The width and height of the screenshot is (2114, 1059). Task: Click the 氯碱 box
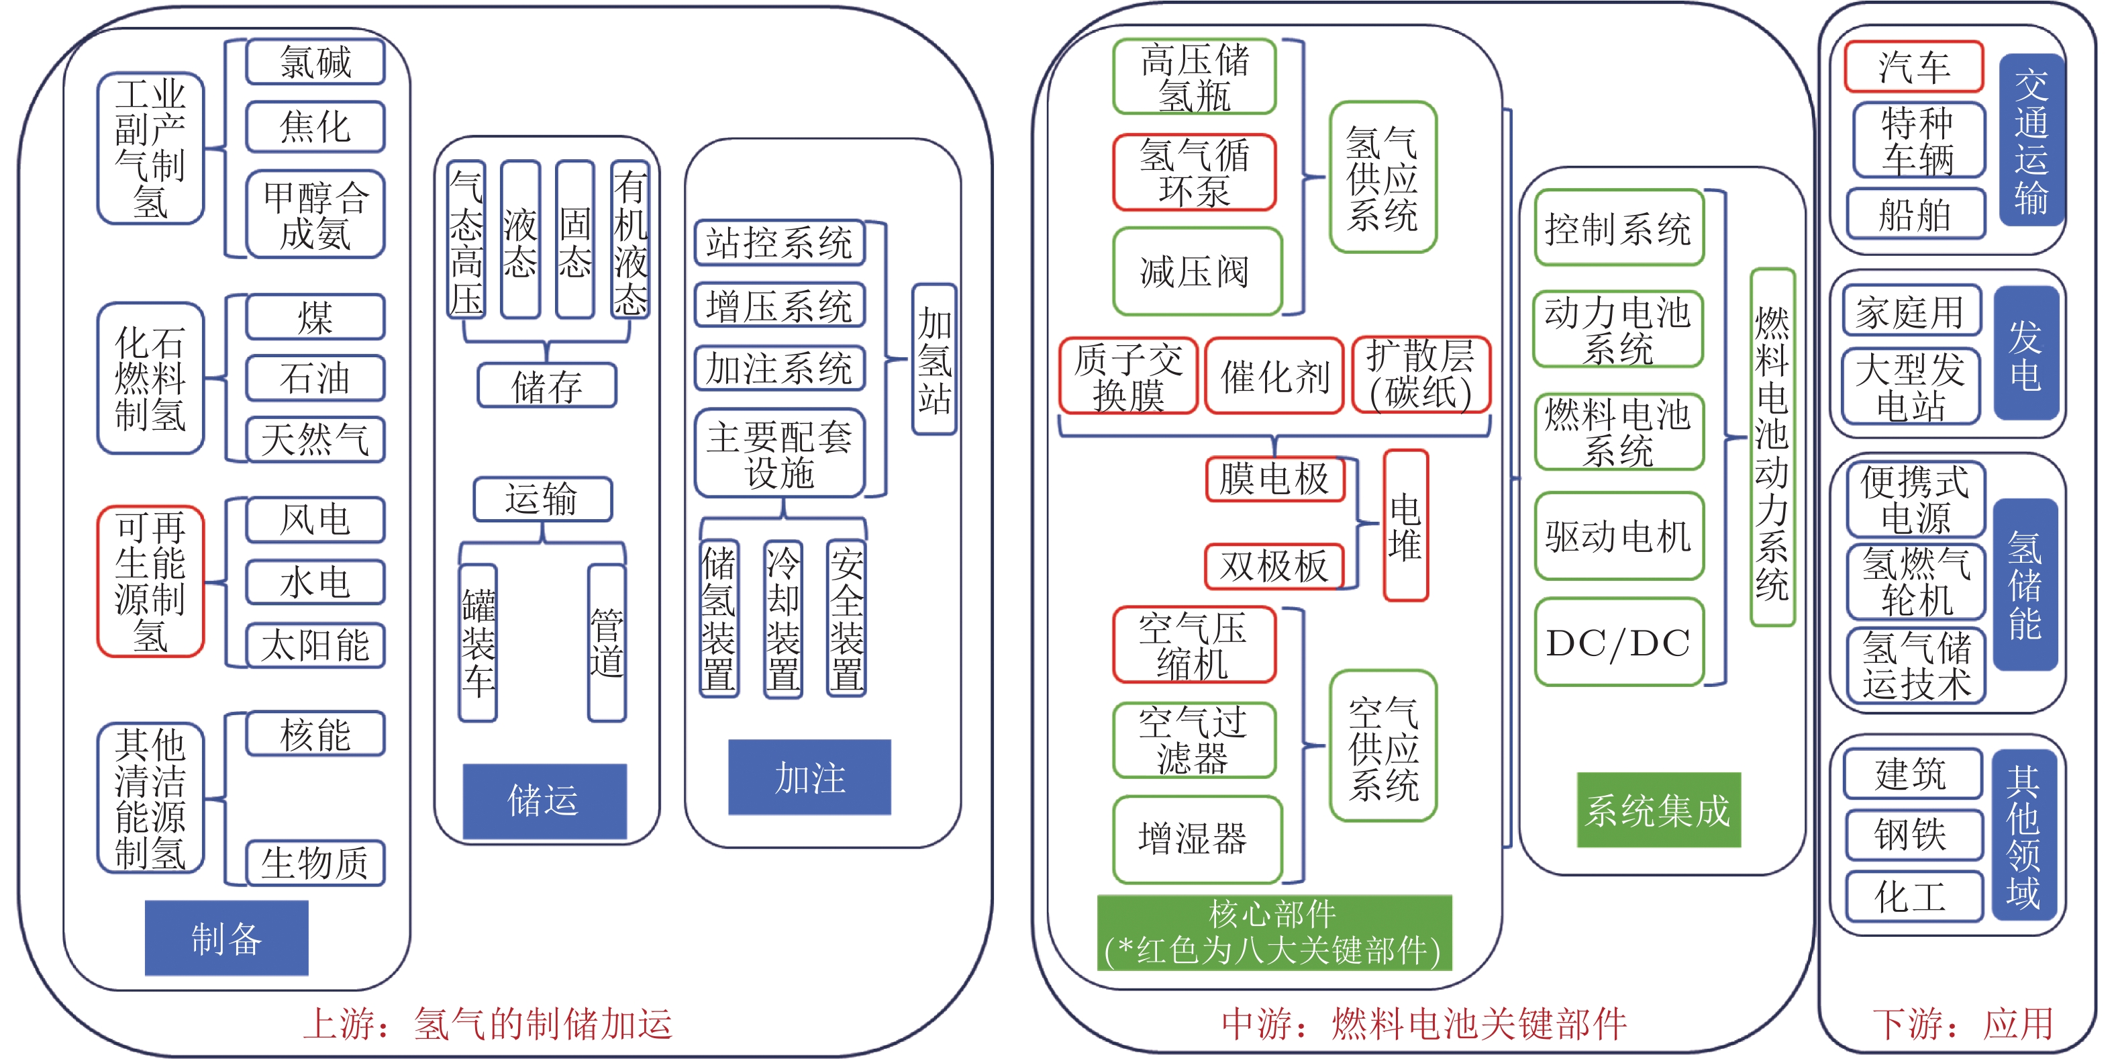[x=315, y=62]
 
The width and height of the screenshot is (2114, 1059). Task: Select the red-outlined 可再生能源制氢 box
[x=150, y=582]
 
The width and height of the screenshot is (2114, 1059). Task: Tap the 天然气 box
[x=315, y=439]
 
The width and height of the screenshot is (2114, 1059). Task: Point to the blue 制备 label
[x=227, y=937]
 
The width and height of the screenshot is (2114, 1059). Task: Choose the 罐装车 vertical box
[x=478, y=643]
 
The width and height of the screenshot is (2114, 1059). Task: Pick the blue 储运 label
[x=544, y=800]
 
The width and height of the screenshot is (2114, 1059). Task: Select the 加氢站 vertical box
[x=934, y=359]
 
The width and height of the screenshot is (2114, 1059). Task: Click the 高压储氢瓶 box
[x=1194, y=77]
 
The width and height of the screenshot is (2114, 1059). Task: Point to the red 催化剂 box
[x=1274, y=377]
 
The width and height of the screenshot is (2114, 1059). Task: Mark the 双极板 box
[x=1274, y=565]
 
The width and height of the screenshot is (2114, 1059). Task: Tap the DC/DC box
[x=1618, y=643]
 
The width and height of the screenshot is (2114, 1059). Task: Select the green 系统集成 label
[x=1658, y=811]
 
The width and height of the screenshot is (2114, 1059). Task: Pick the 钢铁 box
[x=1912, y=835]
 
